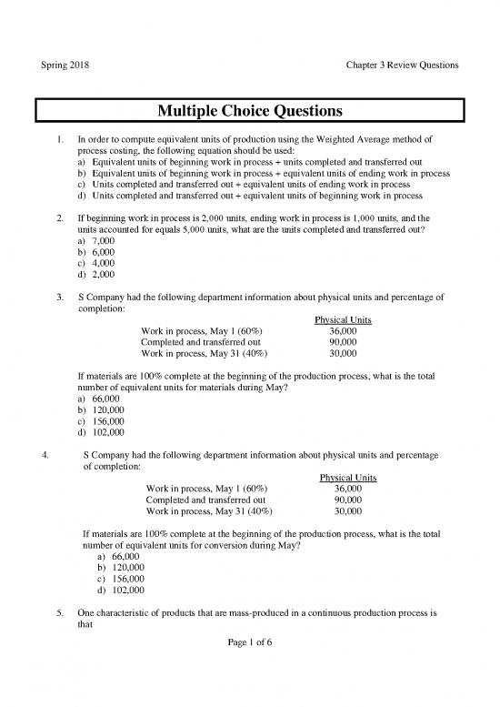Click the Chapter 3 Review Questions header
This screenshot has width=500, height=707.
(401, 66)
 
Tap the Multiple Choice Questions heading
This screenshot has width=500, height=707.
(250, 113)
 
